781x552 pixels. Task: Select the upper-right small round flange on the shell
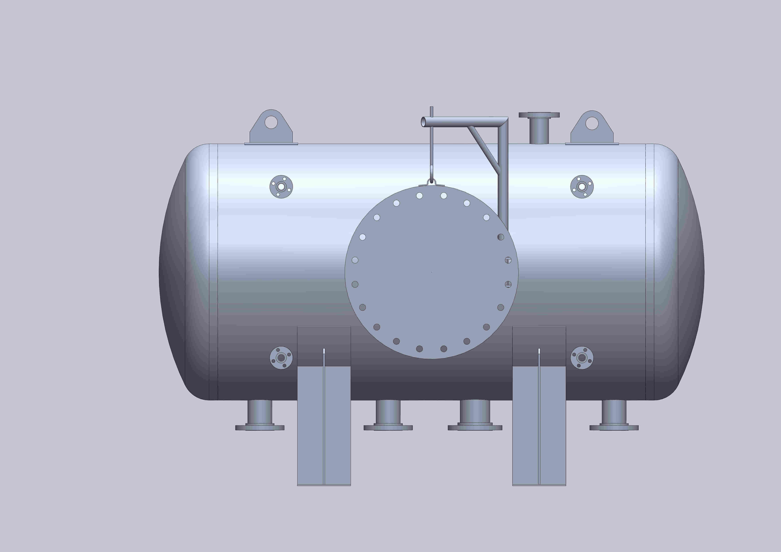point(582,187)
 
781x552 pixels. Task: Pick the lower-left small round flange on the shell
point(281,358)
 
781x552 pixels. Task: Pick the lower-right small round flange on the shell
point(582,358)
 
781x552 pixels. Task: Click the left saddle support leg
point(324,425)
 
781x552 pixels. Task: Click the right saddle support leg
point(539,425)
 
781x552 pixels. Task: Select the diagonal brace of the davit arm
point(483,148)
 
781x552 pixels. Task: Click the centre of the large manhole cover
point(431,272)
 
